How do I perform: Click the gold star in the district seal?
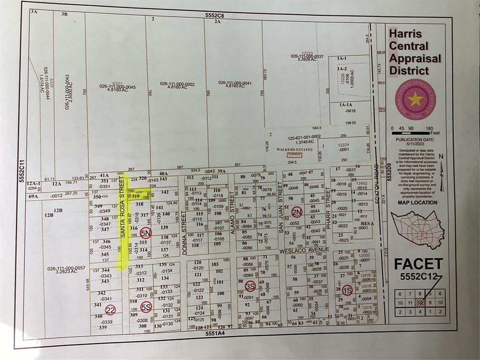(x=415, y=99)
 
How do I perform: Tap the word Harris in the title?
(x=405, y=34)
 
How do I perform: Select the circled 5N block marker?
(x=146, y=232)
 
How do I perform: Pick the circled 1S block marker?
(x=347, y=289)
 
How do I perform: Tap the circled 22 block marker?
(x=110, y=310)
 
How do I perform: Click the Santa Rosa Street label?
(x=123, y=213)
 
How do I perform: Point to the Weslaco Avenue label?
(x=304, y=249)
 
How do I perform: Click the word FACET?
(x=418, y=264)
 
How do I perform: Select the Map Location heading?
(x=418, y=203)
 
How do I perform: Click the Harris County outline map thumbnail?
(x=417, y=230)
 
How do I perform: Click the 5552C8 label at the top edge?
(x=215, y=15)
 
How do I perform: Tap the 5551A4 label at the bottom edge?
(x=215, y=334)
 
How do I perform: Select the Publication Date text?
(x=414, y=140)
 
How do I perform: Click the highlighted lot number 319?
(x=135, y=197)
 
